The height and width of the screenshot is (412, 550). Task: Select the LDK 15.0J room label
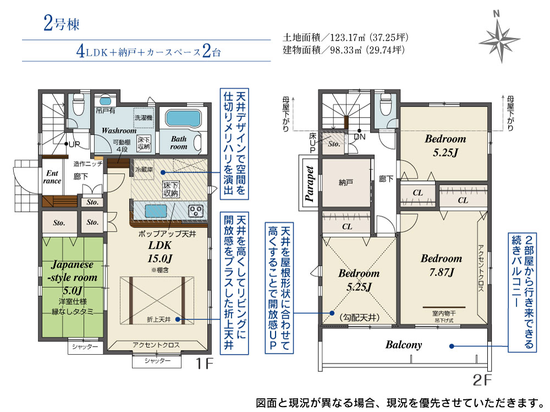[x=160, y=252]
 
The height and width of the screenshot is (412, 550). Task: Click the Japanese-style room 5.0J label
[x=73, y=277]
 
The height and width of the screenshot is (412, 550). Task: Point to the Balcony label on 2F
[x=404, y=345]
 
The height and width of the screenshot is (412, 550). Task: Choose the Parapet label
[x=309, y=184]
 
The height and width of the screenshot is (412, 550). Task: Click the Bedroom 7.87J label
[x=442, y=265]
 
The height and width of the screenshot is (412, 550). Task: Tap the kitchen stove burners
[x=195, y=211]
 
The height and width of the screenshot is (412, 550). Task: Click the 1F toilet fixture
[x=78, y=105]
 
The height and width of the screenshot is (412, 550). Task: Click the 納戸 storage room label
[x=346, y=183]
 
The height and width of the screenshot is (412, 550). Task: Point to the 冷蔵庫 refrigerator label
[x=144, y=169]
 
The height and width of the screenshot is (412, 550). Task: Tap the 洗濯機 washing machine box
[x=144, y=117]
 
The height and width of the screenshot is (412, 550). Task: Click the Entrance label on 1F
[x=52, y=177]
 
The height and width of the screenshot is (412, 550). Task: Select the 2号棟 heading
[x=62, y=23]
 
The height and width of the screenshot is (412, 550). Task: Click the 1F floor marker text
[x=204, y=364]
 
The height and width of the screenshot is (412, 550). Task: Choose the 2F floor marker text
[x=482, y=380]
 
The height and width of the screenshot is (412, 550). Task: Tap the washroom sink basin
[x=105, y=101]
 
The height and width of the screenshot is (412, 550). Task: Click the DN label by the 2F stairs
[x=360, y=137]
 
